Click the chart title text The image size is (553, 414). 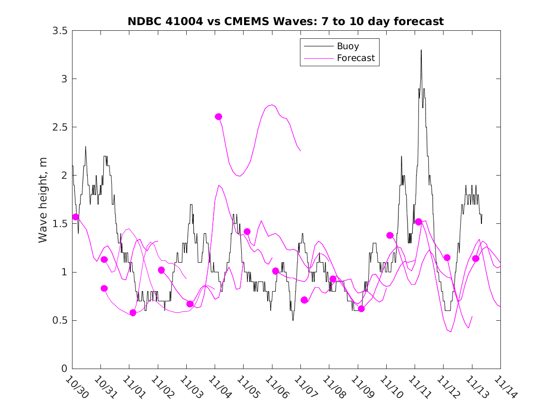click(286, 21)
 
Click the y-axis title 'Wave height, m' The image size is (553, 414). click(43, 200)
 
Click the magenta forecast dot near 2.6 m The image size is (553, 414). click(218, 116)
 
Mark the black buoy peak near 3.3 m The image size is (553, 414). click(421, 50)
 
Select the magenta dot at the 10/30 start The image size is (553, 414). click(75, 217)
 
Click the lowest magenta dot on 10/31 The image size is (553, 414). click(104, 288)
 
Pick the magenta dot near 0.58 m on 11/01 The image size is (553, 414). click(133, 312)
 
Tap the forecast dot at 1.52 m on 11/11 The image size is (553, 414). click(418, 221)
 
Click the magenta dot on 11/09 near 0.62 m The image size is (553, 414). click(361, 308)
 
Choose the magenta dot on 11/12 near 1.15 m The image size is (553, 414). click(447, 257)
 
